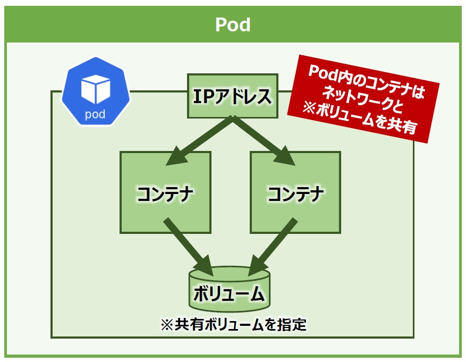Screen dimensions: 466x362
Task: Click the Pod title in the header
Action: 233,24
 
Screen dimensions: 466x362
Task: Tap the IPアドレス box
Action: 233,96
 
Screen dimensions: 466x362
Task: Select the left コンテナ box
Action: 166,192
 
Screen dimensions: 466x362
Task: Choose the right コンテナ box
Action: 295,192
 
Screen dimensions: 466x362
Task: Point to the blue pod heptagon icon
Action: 96,91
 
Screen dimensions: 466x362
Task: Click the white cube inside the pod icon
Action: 96,89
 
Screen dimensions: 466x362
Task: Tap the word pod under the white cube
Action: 95,114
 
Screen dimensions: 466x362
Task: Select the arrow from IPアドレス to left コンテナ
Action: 200,141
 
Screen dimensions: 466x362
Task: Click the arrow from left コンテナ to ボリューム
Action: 189,247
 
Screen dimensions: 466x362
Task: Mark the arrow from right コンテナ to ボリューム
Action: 272,247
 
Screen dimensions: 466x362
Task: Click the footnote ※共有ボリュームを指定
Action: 233,324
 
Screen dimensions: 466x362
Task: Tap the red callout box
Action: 363,99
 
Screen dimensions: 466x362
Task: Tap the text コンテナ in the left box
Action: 165,194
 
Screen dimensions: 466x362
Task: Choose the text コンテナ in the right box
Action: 296,194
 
